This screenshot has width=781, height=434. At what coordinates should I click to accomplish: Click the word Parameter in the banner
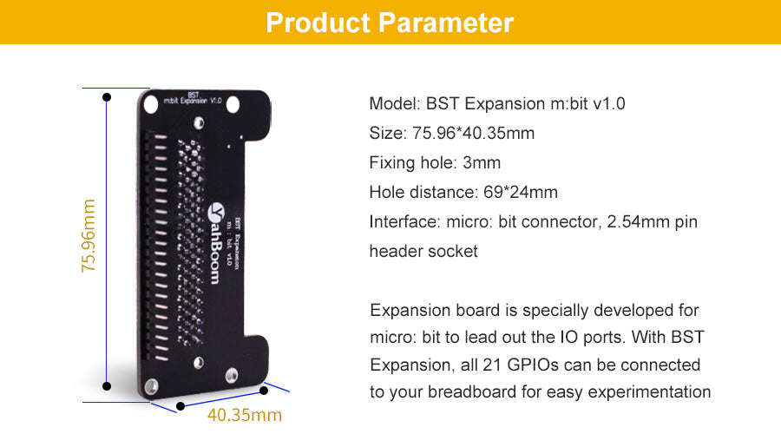[x=446, y=23]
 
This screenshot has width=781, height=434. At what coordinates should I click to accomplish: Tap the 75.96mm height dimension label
[x=89, y=236]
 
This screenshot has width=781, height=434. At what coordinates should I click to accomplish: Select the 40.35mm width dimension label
[x=245, y=415]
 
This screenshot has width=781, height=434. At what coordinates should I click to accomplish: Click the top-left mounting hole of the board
[x=150, y=105]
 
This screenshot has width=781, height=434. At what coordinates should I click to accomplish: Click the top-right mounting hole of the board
[x=233, y=105]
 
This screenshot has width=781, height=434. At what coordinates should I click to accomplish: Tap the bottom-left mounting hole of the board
[x=151, y=385]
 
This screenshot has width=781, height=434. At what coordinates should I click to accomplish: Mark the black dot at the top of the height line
[x=107, y=97]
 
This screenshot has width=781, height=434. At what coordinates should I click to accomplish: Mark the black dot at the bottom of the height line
[x=107, y=386]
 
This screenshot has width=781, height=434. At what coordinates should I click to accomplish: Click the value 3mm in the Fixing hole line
[x=482, y=163]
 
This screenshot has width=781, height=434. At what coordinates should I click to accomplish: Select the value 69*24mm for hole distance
[x=521, y=193]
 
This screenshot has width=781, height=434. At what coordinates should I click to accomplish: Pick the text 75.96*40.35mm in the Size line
[x=473, y=134]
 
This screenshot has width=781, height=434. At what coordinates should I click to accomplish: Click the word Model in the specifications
[x=395, y=103]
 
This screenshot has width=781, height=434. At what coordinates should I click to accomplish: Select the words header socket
[x=423, y=251]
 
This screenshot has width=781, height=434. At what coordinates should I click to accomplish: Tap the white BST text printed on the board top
[x=194, y=94]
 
